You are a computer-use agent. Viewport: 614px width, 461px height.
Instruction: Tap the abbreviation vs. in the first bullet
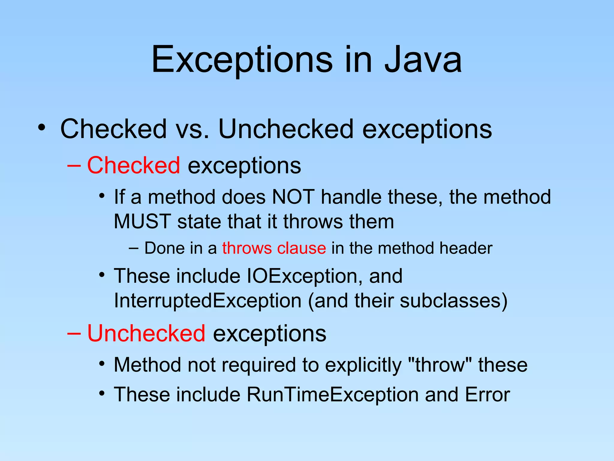(x=192, y=129)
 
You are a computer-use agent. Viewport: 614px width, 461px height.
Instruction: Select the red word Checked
(x=133, y=165)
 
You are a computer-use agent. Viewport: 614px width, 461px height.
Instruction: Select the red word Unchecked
(x=146, y=333)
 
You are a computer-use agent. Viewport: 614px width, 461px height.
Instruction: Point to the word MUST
(x=142, y=221)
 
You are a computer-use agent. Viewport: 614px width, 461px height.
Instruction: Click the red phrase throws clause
(x=274, y=248)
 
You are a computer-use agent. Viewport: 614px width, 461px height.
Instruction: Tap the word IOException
(x=302, y=276)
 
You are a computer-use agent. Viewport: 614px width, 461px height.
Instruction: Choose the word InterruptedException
(x=207, y=301)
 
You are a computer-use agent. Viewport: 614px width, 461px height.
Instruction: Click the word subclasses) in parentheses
(x=454, y=301)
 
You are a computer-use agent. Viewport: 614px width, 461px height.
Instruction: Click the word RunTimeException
(x=332, y=394)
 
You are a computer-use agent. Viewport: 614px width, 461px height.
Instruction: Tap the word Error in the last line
(x=487, y=394)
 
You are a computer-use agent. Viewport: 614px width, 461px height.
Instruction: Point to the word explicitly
(x=363, y=365)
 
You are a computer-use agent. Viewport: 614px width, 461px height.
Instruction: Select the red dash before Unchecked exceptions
(x=74, y=333)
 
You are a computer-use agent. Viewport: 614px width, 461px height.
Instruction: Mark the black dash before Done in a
(x=133, y=248)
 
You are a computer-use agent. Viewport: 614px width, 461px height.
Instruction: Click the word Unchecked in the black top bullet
(x=286, y=129)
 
